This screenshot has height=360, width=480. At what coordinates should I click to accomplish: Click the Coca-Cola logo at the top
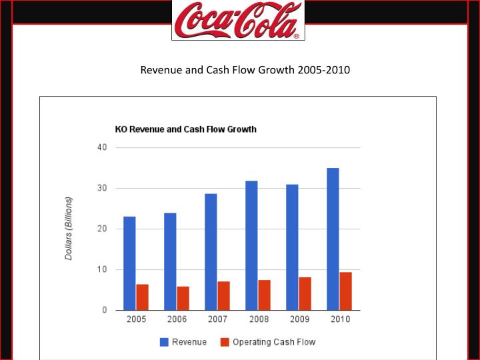tap(238, 20)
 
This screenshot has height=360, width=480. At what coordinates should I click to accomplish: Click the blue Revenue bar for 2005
tap(129, 263)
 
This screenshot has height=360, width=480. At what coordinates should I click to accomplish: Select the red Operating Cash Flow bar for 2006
tap(183, 298)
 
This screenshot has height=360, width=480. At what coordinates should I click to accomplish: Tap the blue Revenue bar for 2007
tap(211, 252)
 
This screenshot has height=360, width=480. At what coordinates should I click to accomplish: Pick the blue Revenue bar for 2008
tap(251, 245)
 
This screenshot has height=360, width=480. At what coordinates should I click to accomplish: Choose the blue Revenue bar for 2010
tap(333, 239)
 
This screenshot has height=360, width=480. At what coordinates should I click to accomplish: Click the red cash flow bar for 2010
tap(346, 291)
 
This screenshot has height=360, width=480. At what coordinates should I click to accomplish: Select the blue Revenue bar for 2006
tap(170, 261)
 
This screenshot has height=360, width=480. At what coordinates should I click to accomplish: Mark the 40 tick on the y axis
tap(102, 147)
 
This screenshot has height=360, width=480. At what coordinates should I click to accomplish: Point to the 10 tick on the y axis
tap(102, 269)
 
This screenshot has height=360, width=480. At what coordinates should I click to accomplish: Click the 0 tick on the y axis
tap(105, 310)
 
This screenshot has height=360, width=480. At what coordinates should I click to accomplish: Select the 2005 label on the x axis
tap(136, 320)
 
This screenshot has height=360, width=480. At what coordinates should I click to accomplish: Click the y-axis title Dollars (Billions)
tap(69, 229)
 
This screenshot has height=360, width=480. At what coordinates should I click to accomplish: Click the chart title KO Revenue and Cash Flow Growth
tap(185, 129)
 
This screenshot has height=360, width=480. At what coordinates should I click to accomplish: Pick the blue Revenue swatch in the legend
tap(163, 342)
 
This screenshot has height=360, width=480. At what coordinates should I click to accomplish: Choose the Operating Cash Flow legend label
tap(273, 342)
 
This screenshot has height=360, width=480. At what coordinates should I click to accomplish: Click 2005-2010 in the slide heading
tap(323, 69)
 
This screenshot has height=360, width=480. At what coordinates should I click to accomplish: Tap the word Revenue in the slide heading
tap(160, 69)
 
